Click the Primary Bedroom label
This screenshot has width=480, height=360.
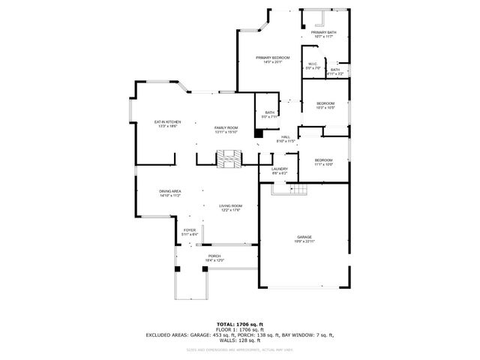pyautogui.click(x=272, y=59)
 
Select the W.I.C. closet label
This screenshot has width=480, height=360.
pyautogui.click(x=313, y=66)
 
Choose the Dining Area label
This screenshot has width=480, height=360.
pyautogui.click(x=170, y=193)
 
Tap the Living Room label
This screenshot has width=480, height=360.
pyautogui.click(x=230, y=208)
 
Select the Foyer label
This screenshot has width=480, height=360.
pyautogui.click(x=190, y=232)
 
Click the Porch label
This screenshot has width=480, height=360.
pyautogui.click(x=214, y=258)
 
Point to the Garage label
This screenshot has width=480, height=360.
pyautogui.click(x=304, y=239)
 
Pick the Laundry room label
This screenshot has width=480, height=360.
pyautogui.click(x=280, y=171)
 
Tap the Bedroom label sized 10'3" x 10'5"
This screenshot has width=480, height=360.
pyautogui.click(x=325, y=105)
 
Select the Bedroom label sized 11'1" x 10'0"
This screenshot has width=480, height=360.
pyautogui.click(x=323, y=162)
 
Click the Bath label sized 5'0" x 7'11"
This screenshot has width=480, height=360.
pyautogui.click(x=269, y=114)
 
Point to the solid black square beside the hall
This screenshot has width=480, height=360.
pyautogui.click(x=259, y=133)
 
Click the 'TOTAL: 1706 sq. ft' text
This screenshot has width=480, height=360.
pyautogui.click(x=239, y=324)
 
